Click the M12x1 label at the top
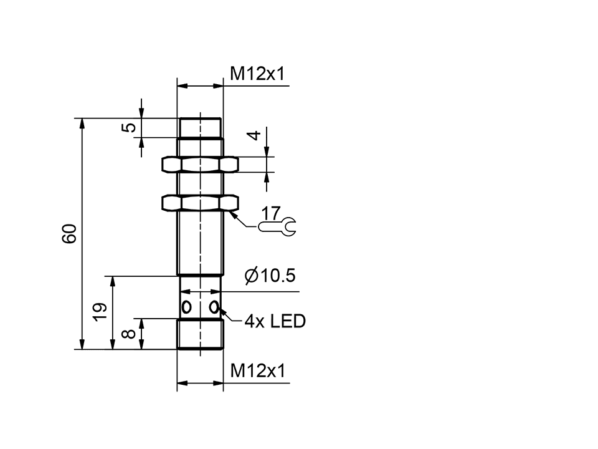click(x=257, y=74)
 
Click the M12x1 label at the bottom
click(x=257, y=371)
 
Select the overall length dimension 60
click(x=69, y=233)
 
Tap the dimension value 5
click(x=129, y=127)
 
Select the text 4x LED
click(x=275, y=322)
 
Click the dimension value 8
click(x=130, y=334)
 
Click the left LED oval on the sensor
click(x=186, y=307)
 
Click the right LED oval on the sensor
click(x=214, y=307)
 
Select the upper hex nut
click(x=200, y=165)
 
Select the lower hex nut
click(x=200, y=203)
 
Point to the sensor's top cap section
click(x=200, y=128)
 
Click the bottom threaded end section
click(x=200, y=334)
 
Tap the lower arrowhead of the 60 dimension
click(x=82, y=344)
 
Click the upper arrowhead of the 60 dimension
click(x=82, y=123)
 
